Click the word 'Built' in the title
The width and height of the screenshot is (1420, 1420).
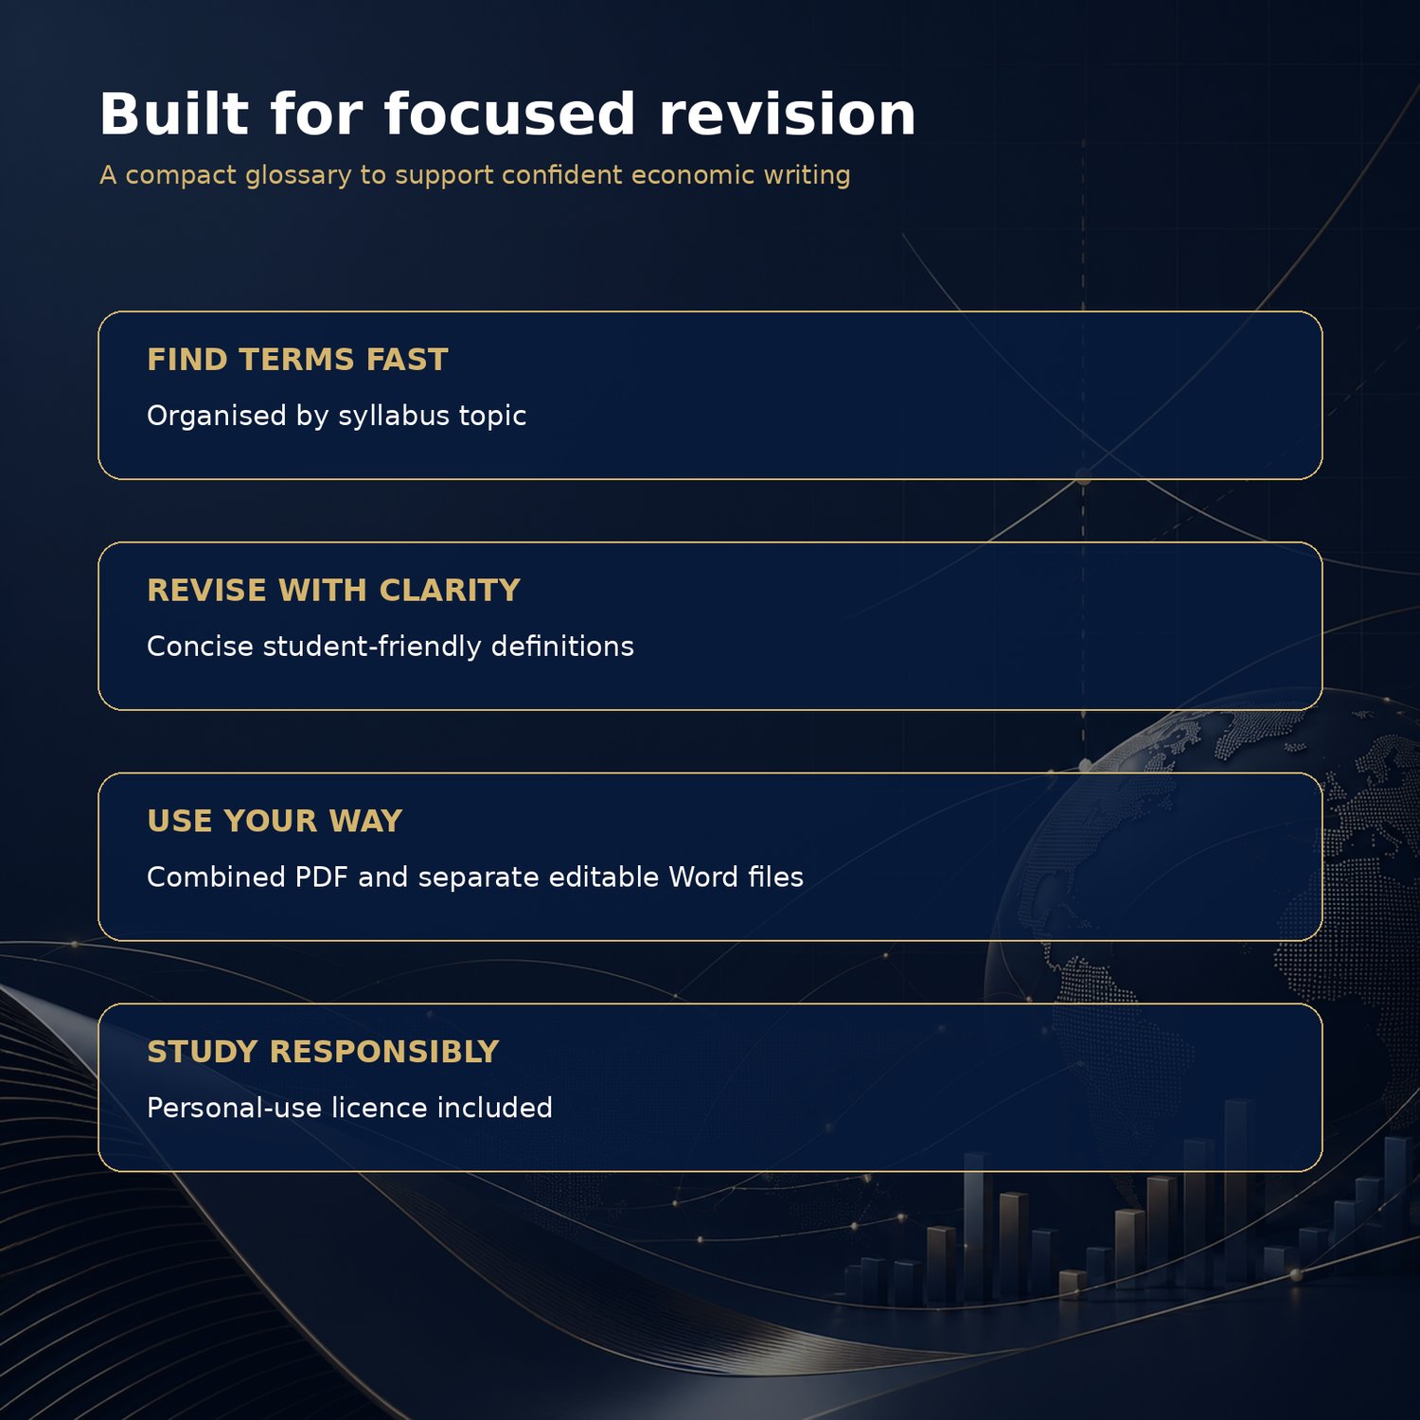pyautogui.click(x=174, y=114)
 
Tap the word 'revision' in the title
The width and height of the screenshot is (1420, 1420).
pyautogui.click(x=788, y=114)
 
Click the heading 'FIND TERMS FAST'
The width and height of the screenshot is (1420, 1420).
pyautogui.click(x=297, y=360)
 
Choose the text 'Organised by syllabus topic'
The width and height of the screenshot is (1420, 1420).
pyautogui.click(x=336, y=417)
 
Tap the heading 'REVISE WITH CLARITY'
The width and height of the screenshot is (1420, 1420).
pyautogui.click(x=334, y=591)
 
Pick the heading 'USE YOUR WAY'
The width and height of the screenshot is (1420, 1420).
pyautogui.click(x=275, y=821)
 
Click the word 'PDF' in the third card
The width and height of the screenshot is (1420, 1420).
pyautogui.click(x=322, y=877)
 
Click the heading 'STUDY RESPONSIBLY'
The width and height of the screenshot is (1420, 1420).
pyautogui.click(x=323, y=1052)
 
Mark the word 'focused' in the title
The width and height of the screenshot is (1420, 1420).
pyautogui.click(x=509, y=114)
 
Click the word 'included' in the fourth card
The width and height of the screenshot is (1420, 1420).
pyautogui.click(x=494, y=1108)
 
